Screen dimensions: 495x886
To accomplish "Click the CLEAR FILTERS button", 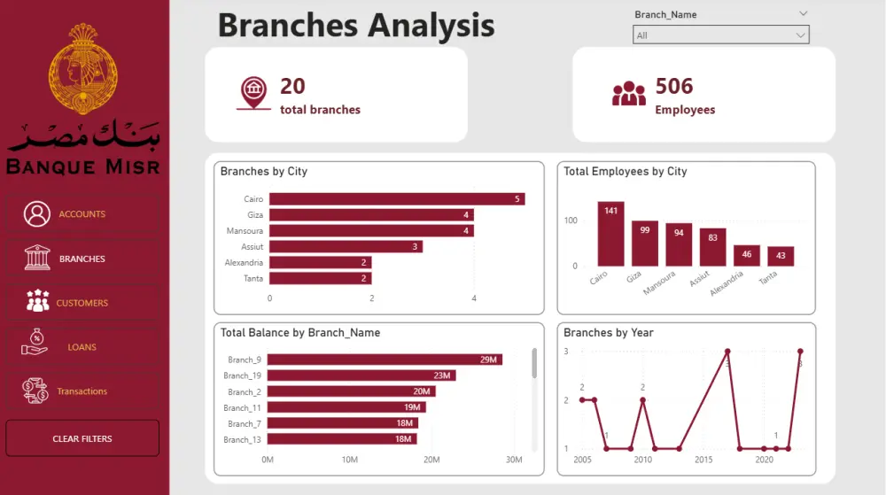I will click(x=82, y=438).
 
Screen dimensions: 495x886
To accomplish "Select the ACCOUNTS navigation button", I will click(x=82, y=214).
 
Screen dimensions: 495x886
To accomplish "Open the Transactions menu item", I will click(x=82, y=391).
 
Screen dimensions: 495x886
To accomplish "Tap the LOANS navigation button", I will click(x=82, y=347).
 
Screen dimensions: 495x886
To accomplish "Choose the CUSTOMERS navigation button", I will click(x=82, y=303).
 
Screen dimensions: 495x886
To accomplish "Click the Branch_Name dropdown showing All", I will click(x=720, y=35).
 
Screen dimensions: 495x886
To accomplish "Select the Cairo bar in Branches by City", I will click(x=397, y=199).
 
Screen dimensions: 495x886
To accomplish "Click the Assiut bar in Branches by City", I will click(x=346, y=246).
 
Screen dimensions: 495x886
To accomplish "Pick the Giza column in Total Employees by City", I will click(x=644, y=244).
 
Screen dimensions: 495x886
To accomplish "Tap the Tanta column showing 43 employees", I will click(x=781, y=256).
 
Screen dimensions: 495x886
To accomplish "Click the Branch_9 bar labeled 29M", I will click(x=385, y=360).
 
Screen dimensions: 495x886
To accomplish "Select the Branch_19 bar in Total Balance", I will click(x=361, y=375).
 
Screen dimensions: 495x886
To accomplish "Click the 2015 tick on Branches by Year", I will click(x=703, y=460).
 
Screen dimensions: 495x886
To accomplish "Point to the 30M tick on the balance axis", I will click(x=514, y=460).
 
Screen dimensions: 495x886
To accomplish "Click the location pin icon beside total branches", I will click(x=254, y=93).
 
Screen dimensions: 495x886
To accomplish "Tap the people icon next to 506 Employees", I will click(x=629, y=93).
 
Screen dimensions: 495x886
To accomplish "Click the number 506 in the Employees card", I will click(x=674, y=86).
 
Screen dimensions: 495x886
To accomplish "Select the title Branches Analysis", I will click(x=356, y=25).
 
